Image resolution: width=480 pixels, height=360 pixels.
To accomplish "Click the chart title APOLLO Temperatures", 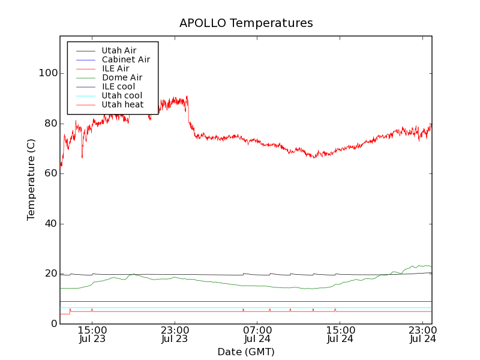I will point(246,23).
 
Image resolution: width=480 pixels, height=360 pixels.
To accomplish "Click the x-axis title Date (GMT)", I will point(246,352).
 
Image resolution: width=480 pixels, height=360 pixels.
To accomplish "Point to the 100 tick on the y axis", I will point(48,73).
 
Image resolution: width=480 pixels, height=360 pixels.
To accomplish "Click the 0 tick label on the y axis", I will point(53,324).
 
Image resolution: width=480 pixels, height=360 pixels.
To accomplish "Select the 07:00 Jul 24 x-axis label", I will point(257,334).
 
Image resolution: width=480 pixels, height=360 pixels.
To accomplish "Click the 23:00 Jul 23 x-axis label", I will point(175,334).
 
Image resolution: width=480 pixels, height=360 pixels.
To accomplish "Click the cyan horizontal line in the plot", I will point(240,307).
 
